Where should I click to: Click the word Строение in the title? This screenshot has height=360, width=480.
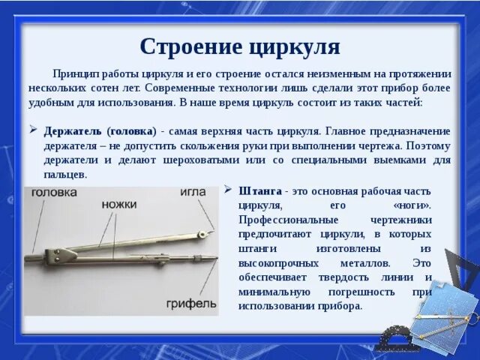click(192, 46)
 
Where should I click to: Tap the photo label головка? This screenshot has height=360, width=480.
click(54, 192)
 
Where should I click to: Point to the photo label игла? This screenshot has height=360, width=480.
click(193, 192)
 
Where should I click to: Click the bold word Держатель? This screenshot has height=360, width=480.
click(73, 132)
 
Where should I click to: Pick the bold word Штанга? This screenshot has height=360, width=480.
click(260, 191)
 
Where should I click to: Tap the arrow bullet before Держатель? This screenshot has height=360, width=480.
click(33, 130)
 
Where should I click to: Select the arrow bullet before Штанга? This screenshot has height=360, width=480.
click(228, 190)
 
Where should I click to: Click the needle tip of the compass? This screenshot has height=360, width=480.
click(214, 230)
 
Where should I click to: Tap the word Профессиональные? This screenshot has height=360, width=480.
click(288, 220)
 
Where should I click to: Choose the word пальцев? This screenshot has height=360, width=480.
click(65, 175)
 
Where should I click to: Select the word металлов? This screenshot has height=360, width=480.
click(365, 263)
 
